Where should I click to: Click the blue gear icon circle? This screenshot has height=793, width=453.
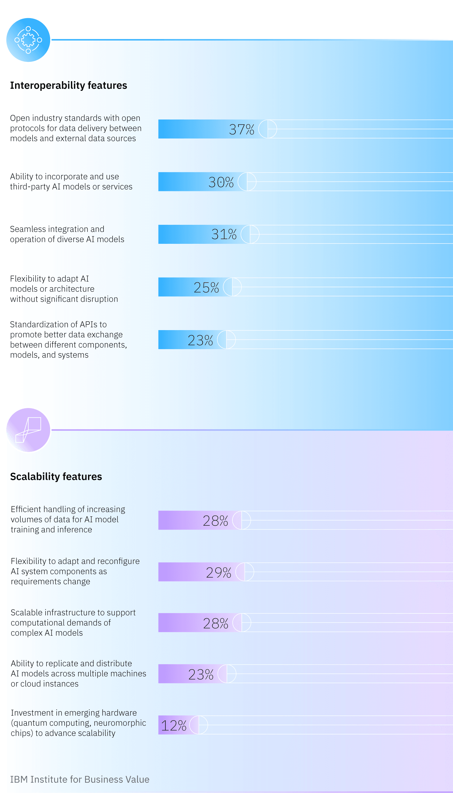pos(28,40)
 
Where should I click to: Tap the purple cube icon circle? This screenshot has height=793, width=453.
pos(28,429)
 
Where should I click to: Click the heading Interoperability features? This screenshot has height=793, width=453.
pos(69,85)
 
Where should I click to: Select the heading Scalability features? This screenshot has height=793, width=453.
pos(56,476)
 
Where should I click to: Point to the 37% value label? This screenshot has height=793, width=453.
pos(241,129)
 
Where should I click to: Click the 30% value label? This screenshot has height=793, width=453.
pos(221,182)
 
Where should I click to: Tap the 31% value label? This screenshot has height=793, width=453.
pos(224,234)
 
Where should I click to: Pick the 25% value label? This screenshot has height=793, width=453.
pos(206,287)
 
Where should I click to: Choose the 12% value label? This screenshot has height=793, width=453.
pos(174,725)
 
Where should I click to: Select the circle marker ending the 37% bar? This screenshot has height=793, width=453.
pos(268,129)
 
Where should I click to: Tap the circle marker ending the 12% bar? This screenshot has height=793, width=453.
pos(199,725)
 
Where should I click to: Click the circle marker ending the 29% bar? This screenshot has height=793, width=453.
pos(244,572)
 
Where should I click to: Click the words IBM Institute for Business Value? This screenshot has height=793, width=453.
pos(80,779)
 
